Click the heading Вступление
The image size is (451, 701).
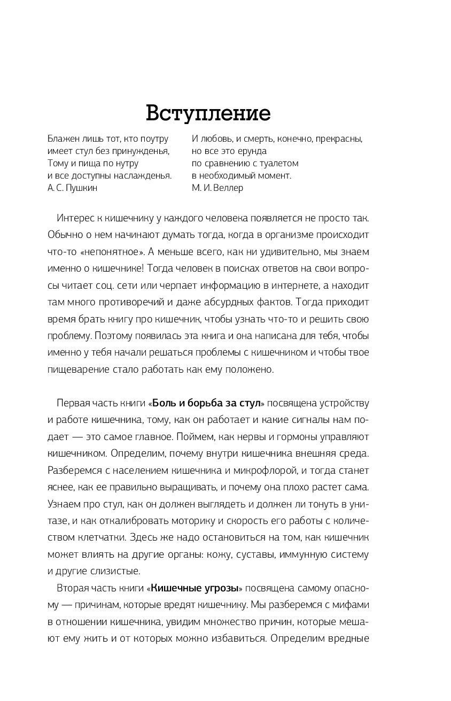tap(208, 113)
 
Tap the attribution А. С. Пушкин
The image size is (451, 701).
tap(73, 188)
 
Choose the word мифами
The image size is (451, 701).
tap(353, 605)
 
